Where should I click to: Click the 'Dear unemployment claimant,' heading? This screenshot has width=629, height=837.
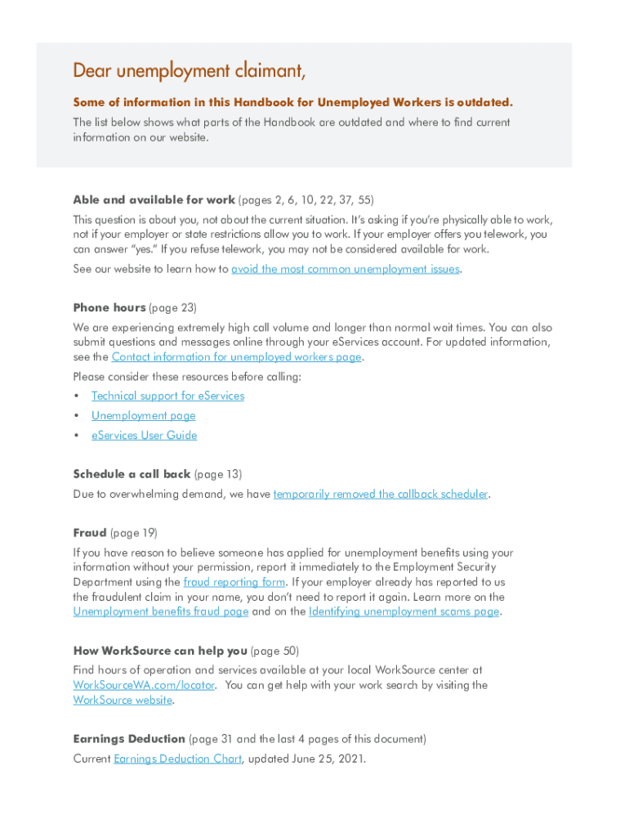[x=190, y=71]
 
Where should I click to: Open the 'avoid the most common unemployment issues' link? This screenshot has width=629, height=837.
[x=346, y=269]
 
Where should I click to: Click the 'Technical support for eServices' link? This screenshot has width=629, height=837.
[x=167, y=396]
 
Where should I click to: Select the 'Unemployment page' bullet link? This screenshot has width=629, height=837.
[x=143, y=415]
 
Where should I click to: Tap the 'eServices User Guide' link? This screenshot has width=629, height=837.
[x=144, y=435]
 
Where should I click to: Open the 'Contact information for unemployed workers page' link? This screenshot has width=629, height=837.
[x=236, y=356]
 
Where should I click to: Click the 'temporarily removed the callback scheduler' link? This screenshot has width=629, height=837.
[x=381, y=494]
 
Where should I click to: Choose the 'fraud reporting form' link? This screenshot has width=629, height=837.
[x=234, y=582]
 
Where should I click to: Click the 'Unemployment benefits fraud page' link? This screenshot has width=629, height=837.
[x=160, y=611]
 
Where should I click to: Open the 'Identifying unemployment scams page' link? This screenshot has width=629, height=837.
[x=404, y=611]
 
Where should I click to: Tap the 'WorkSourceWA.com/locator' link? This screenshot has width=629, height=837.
[x=144, y=685]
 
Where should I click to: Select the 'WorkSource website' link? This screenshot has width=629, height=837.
[x=123, y=700]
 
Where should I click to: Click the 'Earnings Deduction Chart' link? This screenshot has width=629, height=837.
[x=177, y=759]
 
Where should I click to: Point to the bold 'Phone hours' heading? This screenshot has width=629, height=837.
[x=109, y=307]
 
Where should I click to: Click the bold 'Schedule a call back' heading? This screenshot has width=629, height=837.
[x=132, y=474]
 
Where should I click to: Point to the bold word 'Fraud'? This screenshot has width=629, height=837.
[x=90, y=533]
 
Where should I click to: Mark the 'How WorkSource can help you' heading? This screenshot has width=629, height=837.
[x=159, y=651]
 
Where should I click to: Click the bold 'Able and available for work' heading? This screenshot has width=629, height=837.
[x=154, y=199]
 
